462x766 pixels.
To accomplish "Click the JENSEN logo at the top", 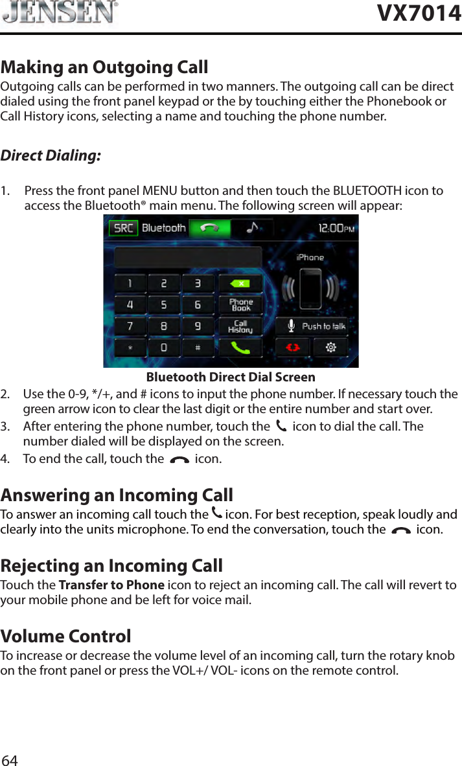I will [x=60, y=12].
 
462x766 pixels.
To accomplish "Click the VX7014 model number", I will [x=419, y=13].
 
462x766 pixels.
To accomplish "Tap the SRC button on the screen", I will [x=123, y=228].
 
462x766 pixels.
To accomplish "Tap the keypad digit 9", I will [x=198, y=326].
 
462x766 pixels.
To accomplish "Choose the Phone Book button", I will [x=241, y=304].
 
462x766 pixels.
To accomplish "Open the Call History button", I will [x=240, y=326].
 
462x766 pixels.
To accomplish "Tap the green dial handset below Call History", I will [x=241, y=348].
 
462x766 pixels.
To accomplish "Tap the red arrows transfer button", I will [x=294, y=348].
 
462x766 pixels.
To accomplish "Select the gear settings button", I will [x=330, y=348].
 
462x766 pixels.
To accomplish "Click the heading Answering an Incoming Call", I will [x=117, y=495].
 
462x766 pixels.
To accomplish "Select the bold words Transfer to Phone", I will [x=111, y=585].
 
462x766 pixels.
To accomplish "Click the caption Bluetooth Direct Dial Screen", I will [x=231, y=377].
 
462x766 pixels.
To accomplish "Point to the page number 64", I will [x=10, y=760].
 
